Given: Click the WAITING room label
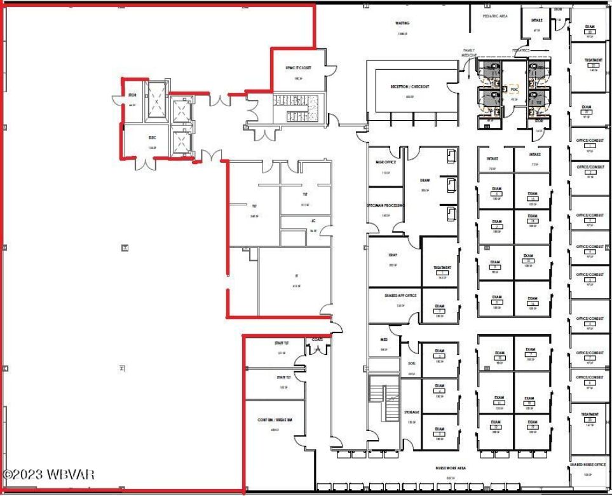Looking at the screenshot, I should [402, 23].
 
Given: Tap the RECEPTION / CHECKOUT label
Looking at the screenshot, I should [411, 86].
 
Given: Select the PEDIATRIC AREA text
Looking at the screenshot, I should [494, 16].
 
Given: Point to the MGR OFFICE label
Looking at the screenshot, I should [385, 162].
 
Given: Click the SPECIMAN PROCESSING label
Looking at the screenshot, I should [385, 205].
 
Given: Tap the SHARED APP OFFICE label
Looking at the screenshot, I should [400, 295].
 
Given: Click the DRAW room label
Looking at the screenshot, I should [425, 180].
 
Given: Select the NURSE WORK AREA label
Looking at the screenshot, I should [451, 467].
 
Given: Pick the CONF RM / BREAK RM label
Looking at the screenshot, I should [275, 420].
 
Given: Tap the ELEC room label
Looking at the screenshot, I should [152, 137].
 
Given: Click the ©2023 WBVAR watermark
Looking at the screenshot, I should [48, 474].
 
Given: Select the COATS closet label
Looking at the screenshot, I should [317, 340].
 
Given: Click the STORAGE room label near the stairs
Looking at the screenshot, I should [411, 412].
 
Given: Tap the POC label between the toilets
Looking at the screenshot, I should [514, 90].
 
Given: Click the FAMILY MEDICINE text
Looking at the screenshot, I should [469, 53].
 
